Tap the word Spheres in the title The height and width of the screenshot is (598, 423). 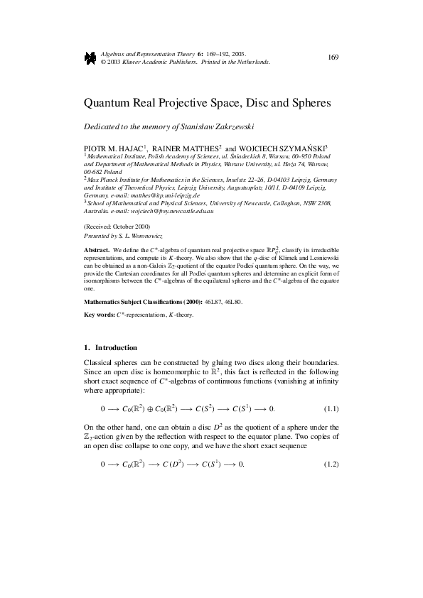(309, 102)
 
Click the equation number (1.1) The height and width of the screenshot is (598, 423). (331, 410)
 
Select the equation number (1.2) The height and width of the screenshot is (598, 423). (331, 464)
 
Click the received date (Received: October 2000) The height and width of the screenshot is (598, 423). (116, 227)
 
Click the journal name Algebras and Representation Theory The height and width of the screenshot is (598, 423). (144, 54)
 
